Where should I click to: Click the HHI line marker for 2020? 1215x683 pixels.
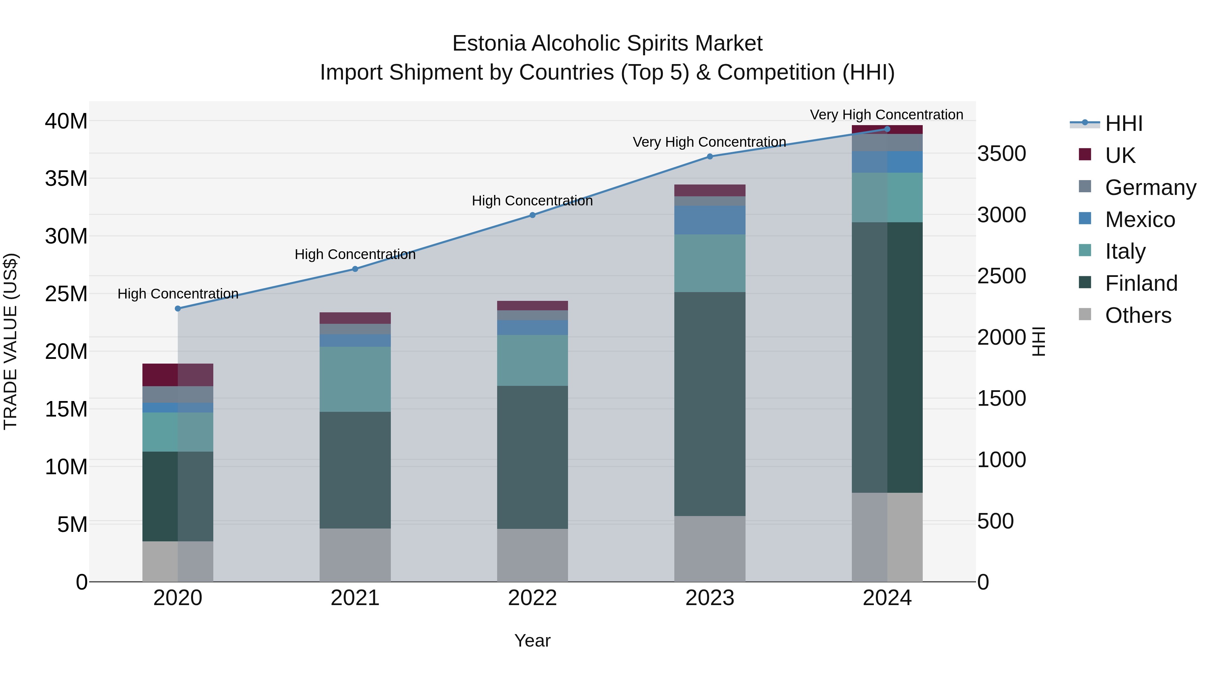click(x=178, y=309)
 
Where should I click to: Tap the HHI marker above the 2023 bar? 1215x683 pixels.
click(x=710, y=156)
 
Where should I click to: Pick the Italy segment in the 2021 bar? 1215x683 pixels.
click(x=355, y=379)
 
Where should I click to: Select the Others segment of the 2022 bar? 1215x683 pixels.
click(x=533, y=555)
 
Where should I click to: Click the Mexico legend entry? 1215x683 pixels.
click(x=1139, y=220)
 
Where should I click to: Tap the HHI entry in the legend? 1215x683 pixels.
click(x=1124, y=123)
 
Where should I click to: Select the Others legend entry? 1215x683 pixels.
click(x=1138, y=315)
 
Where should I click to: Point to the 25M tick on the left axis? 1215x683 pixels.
click(x=66, y=294)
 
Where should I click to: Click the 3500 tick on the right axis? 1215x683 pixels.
click(x=1001, y=154)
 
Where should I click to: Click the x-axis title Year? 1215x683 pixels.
click(x=533, y=641)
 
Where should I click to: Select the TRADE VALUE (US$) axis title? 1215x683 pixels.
click(x=11, y=341)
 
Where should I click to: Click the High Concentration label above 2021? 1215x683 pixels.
click(x=355, y=255)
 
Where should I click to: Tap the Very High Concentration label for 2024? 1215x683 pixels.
click(x=887, y=115)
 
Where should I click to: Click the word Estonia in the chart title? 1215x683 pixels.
click(x=489, y=44)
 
